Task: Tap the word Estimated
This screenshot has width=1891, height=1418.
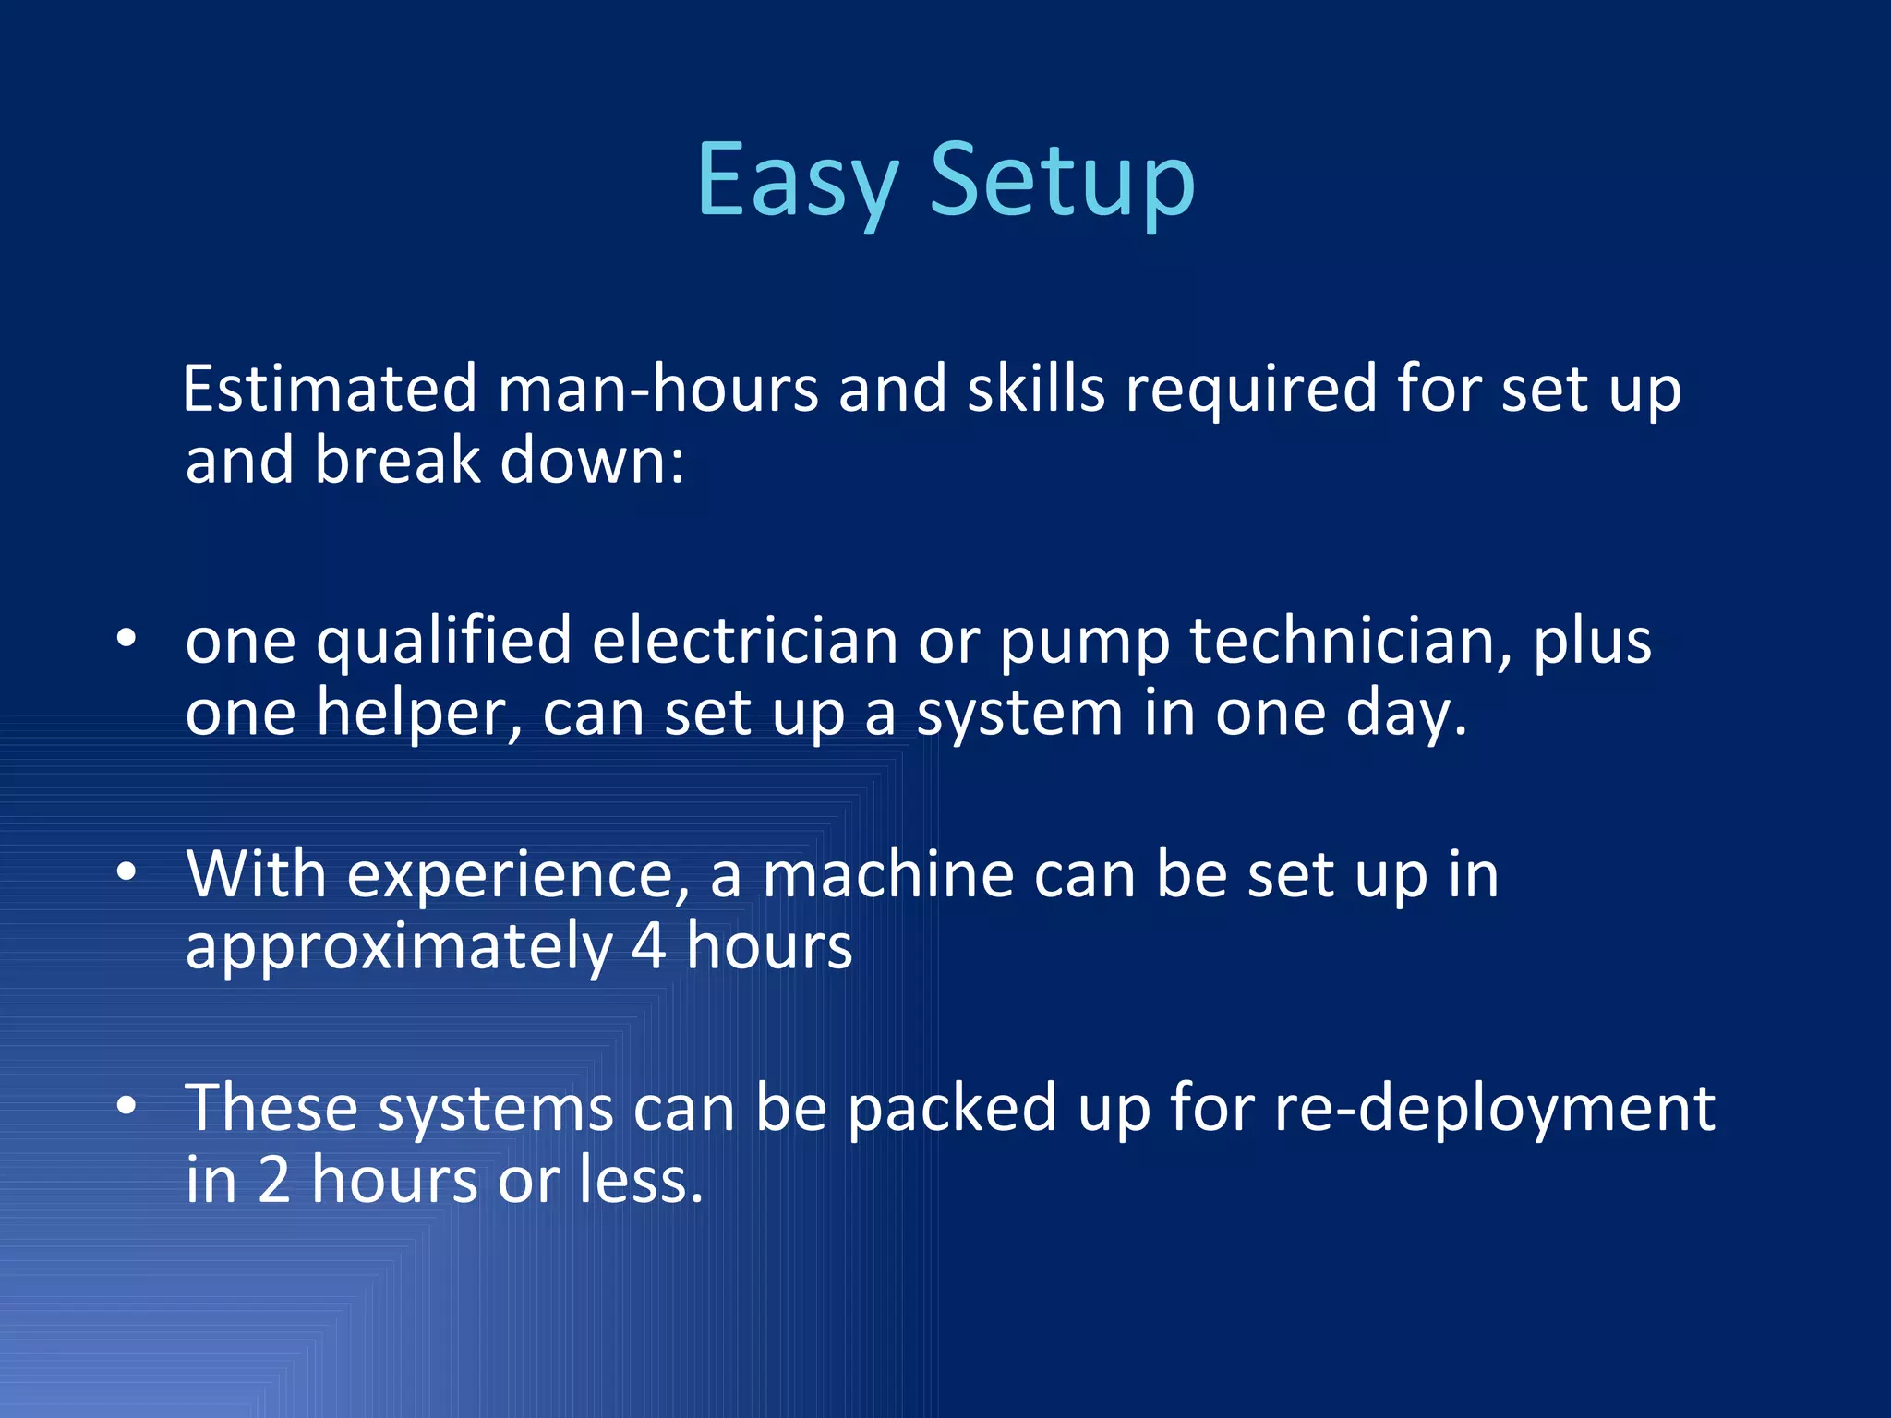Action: click(x=330, y=389)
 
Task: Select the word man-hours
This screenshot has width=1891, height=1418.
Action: click(x=657, y=389)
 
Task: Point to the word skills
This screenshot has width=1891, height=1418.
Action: click(x=1036, y=389)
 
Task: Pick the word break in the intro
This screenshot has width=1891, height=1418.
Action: click(x=397, y=461)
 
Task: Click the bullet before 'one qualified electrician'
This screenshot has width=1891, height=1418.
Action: click(x=127, y=639)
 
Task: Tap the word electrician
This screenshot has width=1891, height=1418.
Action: click(x=744, y=641)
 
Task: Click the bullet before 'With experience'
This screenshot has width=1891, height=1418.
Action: click(x=127, y=872)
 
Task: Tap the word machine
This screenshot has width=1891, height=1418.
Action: click(x=888, y=874)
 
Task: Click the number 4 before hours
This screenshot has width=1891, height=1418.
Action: click(x=648, y=947)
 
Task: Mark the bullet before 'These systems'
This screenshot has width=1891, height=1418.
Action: click(x=127, y=1105)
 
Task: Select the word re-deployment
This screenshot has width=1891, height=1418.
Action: click(x=1494, y=1109)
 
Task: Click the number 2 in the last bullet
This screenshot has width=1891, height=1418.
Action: click(x=274, y=1180)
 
